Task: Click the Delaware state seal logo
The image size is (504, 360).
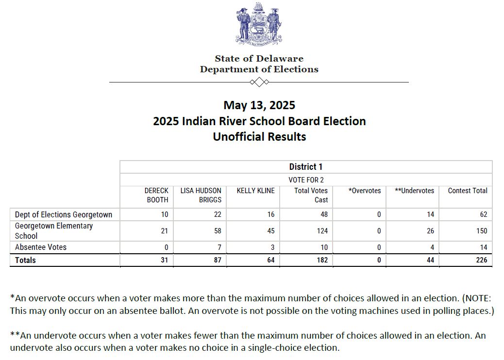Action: [259, 24]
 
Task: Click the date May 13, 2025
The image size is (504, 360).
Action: [259, 105]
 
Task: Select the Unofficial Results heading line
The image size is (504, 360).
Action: [259, 137]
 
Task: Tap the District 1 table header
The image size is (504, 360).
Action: [306, 167]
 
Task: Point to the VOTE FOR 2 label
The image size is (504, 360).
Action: [306, 180]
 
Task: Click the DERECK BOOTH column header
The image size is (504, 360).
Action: [156, 195]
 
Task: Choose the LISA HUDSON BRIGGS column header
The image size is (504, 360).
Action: [201, 195]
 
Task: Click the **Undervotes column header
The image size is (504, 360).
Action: [414, 191]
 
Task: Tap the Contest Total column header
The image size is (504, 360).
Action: [467, 191]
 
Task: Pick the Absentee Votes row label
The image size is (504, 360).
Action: [41, 247]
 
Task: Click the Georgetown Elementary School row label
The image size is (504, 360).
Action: [54, 231]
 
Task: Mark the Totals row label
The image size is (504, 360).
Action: [25, 260]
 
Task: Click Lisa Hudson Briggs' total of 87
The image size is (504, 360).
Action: [217, 260]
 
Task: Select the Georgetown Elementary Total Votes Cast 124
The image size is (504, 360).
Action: [322, 231]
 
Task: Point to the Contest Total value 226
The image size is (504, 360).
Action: [481, 260]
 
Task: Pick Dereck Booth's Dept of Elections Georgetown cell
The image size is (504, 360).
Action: [164, 214]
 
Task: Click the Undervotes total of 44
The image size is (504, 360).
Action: [430, 260]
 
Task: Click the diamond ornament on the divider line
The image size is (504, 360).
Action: [259, 82]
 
